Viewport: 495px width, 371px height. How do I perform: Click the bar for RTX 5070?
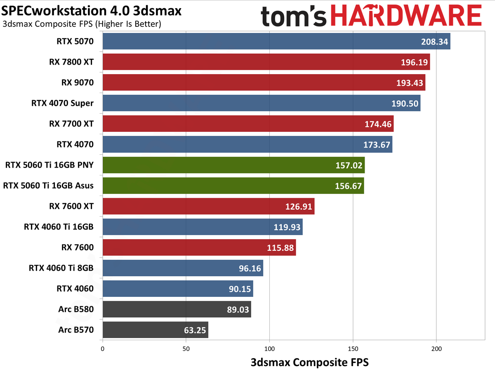click(x=276, y=41)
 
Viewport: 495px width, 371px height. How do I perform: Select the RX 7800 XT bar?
click(x=266, y=62)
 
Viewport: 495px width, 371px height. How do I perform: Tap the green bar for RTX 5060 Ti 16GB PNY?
click(x=233, y=165)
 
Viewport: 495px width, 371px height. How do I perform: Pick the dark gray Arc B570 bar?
click(x=155, y=330)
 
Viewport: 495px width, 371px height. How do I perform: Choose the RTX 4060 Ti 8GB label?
click(x=61, y=268)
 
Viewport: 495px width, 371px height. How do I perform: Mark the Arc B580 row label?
click(x=76, y=309)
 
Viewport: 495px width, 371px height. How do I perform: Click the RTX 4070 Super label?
click(x=62, y=103)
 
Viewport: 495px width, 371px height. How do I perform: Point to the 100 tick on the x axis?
click(x=269, y=348)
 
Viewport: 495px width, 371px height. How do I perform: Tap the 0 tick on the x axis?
click(x=102, y=348)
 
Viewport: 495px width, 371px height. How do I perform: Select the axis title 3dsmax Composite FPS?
click(x=309, y=362)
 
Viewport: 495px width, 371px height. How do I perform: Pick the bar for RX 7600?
click(x=199, y=247)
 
